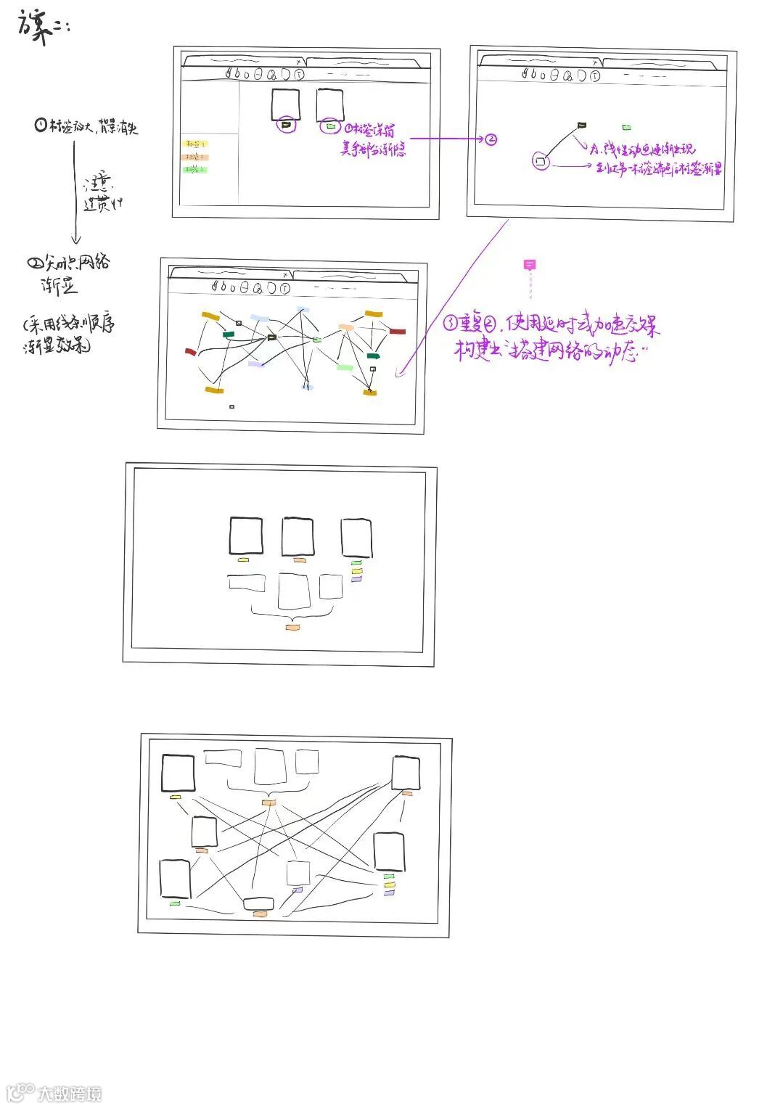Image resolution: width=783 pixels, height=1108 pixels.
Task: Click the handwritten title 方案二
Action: pyautogui.click(x=42, y=28)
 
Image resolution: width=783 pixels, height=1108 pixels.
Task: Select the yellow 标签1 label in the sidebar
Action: pyautogui.click(x=194, y=144)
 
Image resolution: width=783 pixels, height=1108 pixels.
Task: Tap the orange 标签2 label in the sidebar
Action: pyautogui.click(x=194, y=157)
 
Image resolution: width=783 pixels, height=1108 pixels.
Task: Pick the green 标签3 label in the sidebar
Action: pyautogui.click(x=194, y=170)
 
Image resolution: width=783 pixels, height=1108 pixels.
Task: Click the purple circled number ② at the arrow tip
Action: pyautogui.click(x=491, y=139)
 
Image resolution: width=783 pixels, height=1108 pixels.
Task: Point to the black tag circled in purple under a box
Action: pyautogui.click(x=287, y=125)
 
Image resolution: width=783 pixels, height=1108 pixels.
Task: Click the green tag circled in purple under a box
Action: pyautogui.click(x=331, y=126)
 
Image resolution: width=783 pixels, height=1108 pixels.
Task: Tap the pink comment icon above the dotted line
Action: pyautogui.click(x=530, y=265)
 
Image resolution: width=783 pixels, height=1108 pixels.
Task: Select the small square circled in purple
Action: pyautogui.click(x=540, y=160)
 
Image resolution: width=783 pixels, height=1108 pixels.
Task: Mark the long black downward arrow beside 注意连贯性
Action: pyautogui.click(x=75, y=192)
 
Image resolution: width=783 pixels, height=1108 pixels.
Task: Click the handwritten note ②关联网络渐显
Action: pyautogui.click(x=68, y=272)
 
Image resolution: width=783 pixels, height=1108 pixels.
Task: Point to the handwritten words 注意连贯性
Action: pyautogui.click(x=103, y=192)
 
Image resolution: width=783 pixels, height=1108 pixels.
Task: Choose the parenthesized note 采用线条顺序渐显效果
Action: pyautogui.click(x=68, y=334)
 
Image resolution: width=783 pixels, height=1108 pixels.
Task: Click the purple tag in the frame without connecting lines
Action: pyautogui.click(x=356, y=579)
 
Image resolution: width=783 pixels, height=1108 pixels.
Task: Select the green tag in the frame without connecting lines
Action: pyautogui.click(x=356, y=563)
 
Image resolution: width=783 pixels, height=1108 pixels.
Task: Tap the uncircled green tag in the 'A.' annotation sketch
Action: pyautogui.click(x=626, y=128)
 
